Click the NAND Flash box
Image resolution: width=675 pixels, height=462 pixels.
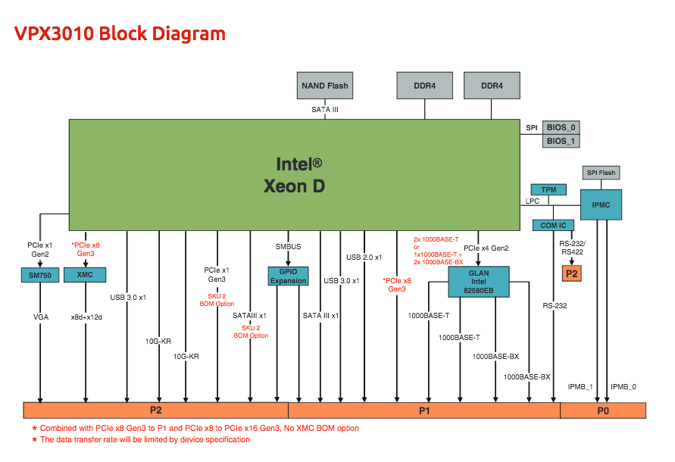click(x=325, y=86)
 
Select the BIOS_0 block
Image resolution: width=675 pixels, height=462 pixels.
click(x=561, y=127)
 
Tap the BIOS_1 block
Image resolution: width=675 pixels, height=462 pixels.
click(x=561, y=141)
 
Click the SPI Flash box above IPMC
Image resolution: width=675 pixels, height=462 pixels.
click(x=602, y=173)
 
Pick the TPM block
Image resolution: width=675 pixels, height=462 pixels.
click(x=548, y=189)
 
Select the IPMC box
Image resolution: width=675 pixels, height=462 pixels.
click(x=602, y=204)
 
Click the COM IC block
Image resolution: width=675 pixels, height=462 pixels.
click(x=553, y=225)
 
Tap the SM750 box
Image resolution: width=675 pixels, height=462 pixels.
click(x=39, y=276)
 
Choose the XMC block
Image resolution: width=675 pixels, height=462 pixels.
click(x=85, y=274)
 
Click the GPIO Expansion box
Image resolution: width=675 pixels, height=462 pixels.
click(x=288, y=276)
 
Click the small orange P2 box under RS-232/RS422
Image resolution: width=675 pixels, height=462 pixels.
click(x=571, y=273)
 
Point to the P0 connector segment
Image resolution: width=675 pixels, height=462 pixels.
click(x=603, y=410)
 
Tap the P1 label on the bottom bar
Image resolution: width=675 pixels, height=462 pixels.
click(x=424, y=410)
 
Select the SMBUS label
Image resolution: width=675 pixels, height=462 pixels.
click(x=288, y=246)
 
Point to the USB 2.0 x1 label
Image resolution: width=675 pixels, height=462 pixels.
click(x=364, y=257)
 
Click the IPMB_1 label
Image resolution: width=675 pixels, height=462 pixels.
click(x=580, y=386)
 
